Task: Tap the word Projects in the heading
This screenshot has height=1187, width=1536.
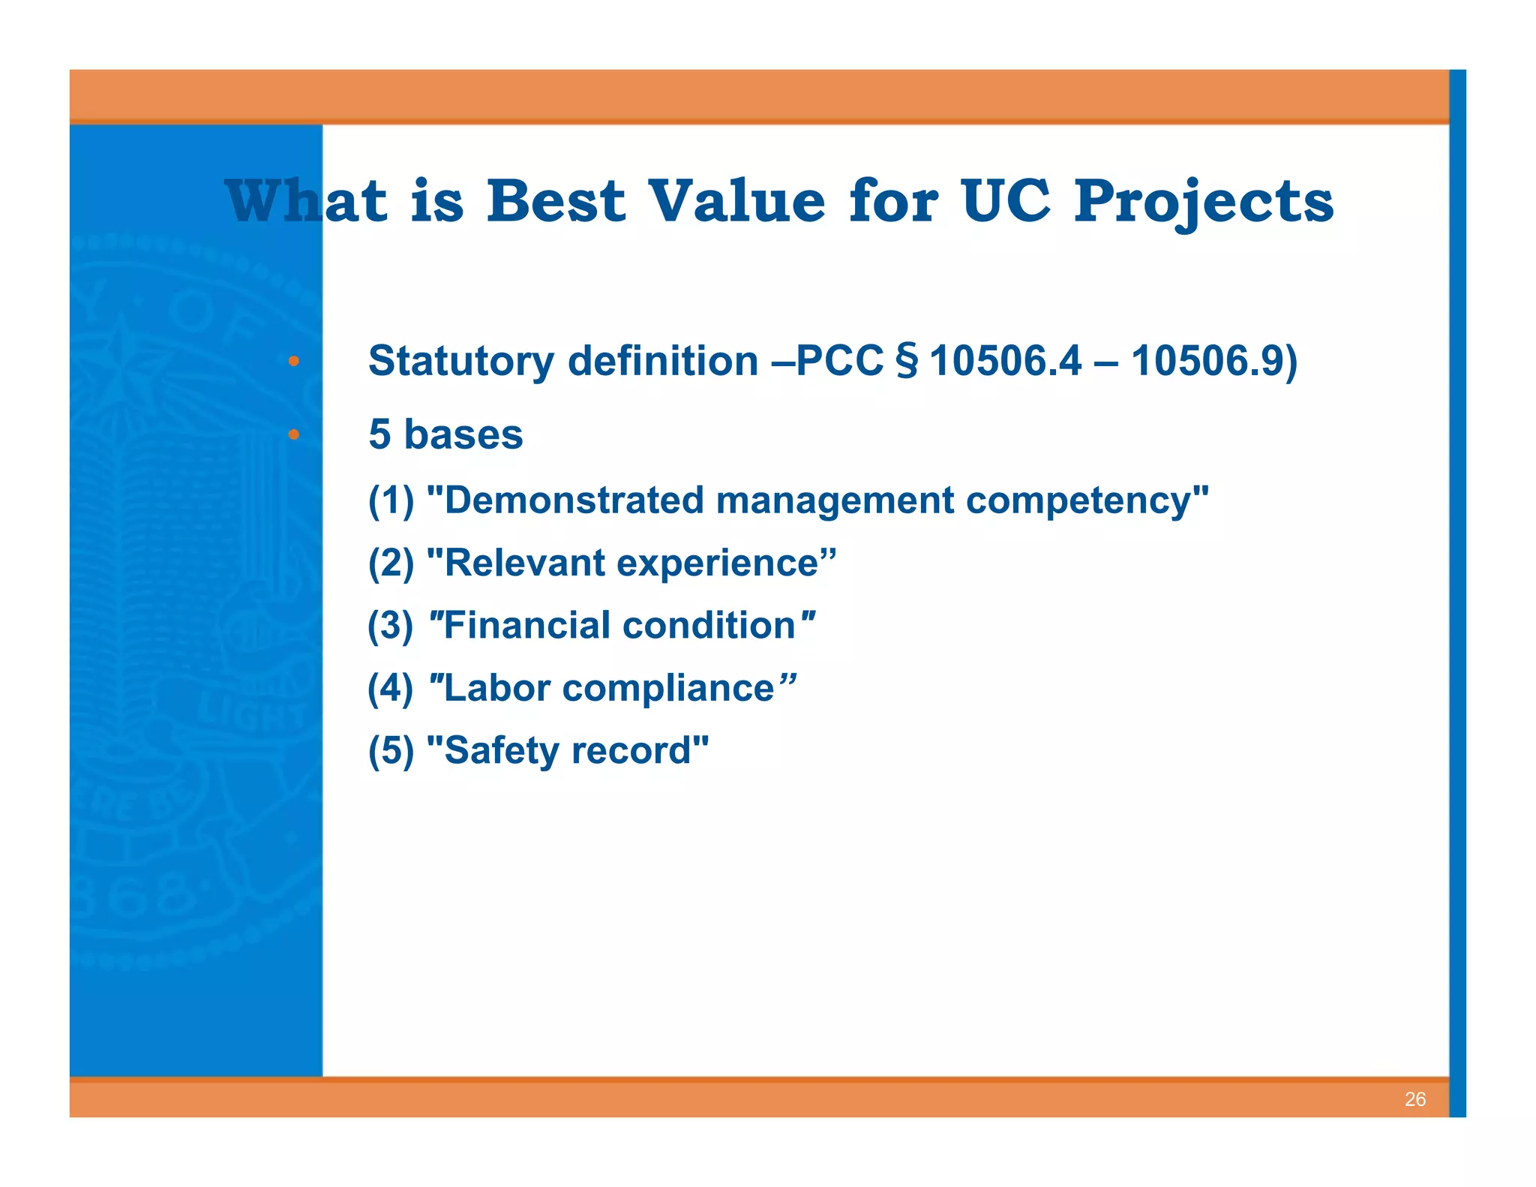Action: click(x=1204, y=203)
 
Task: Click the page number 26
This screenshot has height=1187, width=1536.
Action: click(x=1414, y=1099)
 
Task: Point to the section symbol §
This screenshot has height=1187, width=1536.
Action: click(x=907, y=362)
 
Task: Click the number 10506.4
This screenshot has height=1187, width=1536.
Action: click(x=1005, y=361)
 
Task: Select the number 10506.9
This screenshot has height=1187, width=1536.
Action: click(x=1207, y=361)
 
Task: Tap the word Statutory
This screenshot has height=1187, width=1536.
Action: click(x=461, y=362)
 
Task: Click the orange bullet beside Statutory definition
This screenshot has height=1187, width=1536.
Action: click(x=294, y=362)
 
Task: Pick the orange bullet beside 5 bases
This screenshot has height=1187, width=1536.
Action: click(x=294, y=434)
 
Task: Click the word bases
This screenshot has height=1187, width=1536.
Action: click(x=463, y=434)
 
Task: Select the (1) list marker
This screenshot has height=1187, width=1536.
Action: click(x=391, y=500)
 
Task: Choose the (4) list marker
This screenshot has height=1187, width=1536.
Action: click(x=390, y=688)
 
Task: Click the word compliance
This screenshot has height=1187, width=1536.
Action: click(x=668, y=689)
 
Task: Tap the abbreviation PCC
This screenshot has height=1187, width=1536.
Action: click(x=840, y=361)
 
